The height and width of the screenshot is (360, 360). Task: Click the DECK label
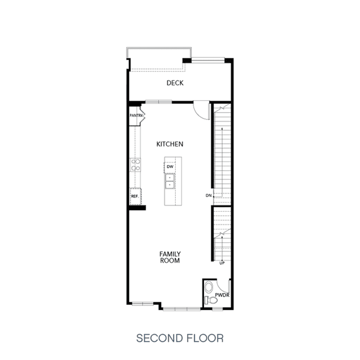[175, 83]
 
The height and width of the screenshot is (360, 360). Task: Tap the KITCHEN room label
[170, 144]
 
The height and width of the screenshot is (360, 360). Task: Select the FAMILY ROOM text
[170, 257]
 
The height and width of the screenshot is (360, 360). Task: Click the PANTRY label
[136, 115]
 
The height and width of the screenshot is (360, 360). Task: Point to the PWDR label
[222, 295]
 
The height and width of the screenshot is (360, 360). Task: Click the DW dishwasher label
[170, 167]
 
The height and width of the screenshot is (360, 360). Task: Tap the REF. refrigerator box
[135, 196]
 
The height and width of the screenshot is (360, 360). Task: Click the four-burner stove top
[135, 165]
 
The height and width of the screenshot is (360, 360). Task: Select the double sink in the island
[170, 181]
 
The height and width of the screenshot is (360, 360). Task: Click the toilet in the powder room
[211, 300]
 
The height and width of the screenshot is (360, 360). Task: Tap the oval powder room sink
[209, 287]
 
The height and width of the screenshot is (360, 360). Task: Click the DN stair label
[208, 195]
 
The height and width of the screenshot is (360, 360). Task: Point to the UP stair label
[222, 263]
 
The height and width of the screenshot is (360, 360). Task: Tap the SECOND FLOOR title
[180, 338]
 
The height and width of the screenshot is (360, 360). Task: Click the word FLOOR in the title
[205, 338]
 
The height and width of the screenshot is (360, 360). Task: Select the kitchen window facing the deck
[159, 102]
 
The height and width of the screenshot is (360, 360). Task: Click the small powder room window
[217, 309]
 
